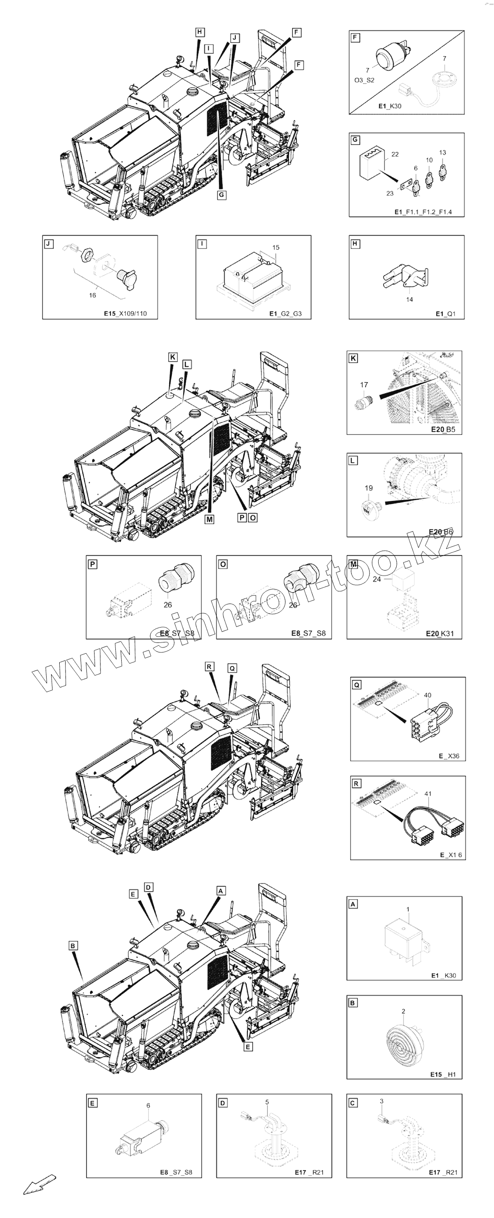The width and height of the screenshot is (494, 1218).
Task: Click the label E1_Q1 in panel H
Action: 446,313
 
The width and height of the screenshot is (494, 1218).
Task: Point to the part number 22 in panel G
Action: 395,154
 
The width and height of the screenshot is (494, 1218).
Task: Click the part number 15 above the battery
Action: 276,247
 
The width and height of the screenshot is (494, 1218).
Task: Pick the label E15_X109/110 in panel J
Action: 125,313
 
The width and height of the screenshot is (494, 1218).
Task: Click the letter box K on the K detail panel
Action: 353,358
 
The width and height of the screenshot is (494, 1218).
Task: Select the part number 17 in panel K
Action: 364,385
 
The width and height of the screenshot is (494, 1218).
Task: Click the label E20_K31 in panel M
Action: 440,633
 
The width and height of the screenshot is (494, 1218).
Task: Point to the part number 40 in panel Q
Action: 428,695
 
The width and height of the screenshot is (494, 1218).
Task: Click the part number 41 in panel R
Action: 428,794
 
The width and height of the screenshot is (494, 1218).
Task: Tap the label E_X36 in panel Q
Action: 449,756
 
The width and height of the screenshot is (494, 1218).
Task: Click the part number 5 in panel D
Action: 267,1102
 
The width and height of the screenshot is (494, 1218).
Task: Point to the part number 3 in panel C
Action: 382,1101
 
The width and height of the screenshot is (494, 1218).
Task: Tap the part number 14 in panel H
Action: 410,299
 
